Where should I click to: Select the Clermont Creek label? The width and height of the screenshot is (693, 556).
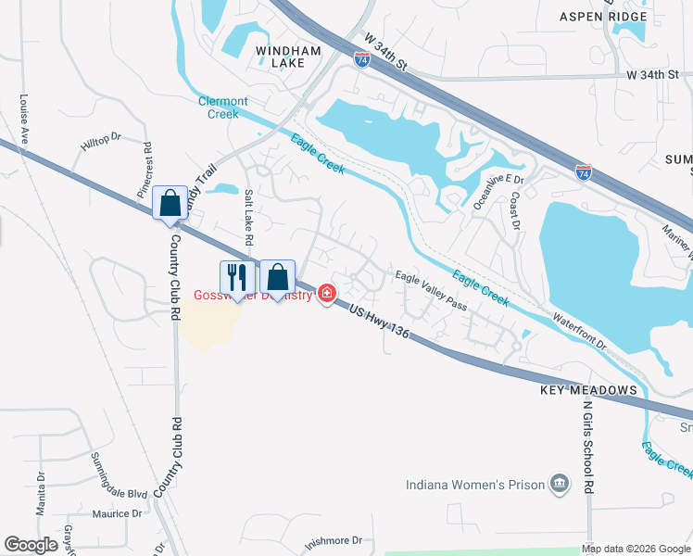222,107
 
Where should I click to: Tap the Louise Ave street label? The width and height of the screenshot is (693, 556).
24,117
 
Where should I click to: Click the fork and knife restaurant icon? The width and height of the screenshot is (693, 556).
236,277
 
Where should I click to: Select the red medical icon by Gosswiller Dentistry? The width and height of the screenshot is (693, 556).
326,294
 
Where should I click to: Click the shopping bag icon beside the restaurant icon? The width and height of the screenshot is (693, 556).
277,276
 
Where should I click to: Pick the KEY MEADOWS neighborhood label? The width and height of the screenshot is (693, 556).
589,391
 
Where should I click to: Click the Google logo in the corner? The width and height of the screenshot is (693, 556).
31,545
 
